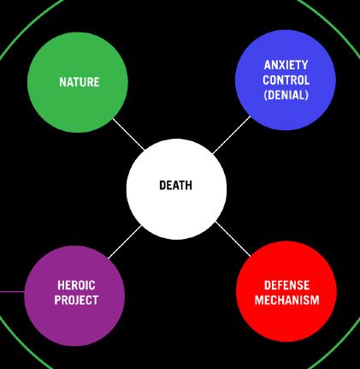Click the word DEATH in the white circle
[x=175, y=186]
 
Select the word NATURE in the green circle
[x=80, y=82]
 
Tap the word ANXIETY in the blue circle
[x=286, y=65]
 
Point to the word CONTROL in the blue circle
[x=286, y=80]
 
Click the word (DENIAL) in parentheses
[x=286, y=95]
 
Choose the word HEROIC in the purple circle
[x=76, y=285]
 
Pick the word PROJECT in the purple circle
[x=76, y=300]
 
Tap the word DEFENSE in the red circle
[x=286, y=285]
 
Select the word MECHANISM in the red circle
[x=286, y=300]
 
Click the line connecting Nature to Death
[x=128, y=134]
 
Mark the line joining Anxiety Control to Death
[x=232, y=134]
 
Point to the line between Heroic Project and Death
[x=125, y=242]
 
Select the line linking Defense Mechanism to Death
[x=233, y=239]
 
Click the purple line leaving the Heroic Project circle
[x=12, y=292]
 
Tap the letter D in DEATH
[x=162, y=186]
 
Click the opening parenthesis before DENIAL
[x=266, y=95]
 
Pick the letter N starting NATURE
[x=62, y=82]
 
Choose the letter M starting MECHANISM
[x=259, y=300]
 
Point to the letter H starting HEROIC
[x=61, y=285]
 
